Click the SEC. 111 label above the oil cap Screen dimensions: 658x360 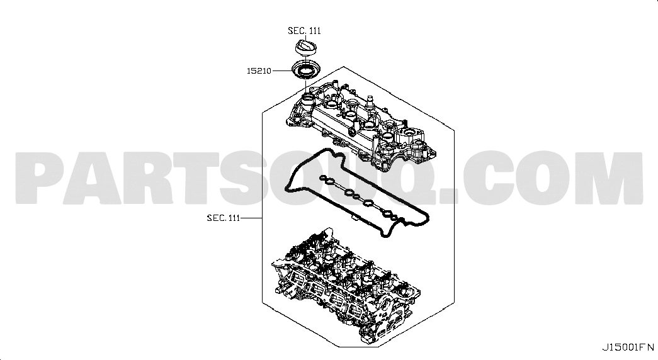(x=304, y=31)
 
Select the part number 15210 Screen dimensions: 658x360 (x=259, y=71)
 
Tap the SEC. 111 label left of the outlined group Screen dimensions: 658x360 (x=224, y=218)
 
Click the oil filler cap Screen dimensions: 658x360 (x=305, y=47)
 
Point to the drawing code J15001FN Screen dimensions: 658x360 (x=628, y=347)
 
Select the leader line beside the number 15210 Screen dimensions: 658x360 (x=282, y=71)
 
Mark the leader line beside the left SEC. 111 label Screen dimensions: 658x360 (x=251, y=218)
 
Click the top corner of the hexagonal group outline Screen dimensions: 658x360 (x=344, y=67)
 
